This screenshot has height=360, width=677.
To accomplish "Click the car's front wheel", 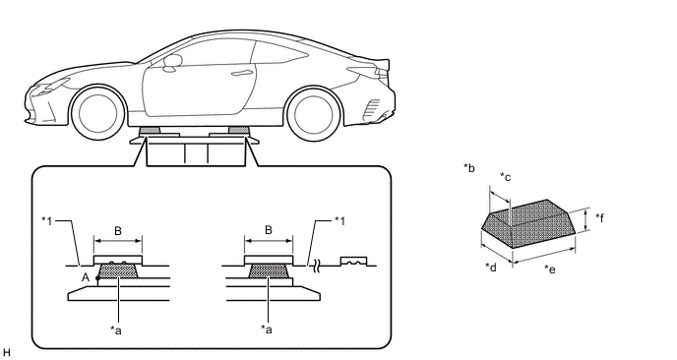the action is point(98,113).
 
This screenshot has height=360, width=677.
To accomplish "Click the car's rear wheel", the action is point(314,113).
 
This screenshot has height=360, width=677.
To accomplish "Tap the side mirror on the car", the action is point(172,62).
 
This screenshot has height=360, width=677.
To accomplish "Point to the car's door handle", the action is point(241,73).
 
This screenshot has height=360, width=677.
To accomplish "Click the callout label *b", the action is point(469,168).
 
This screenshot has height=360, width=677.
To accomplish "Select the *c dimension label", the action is point(505,176).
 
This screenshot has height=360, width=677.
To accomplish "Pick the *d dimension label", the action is point(491,268).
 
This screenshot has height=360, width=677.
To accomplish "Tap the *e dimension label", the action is point(550,269).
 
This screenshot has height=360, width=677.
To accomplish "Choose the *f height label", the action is point(599,217).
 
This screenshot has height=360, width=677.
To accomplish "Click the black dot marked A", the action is point(98,278).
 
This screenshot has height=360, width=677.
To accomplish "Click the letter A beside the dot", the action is point(86,277).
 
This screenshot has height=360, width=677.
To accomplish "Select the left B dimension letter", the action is point(118,231).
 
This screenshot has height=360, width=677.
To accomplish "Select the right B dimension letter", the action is point(268,230).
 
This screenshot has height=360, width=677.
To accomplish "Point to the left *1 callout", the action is point(46,221).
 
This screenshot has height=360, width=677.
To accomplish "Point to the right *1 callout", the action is point(340,221).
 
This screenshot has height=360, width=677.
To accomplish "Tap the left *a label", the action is point(116,330).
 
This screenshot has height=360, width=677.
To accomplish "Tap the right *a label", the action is point(267,330).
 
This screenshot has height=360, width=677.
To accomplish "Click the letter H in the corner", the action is point(6,353).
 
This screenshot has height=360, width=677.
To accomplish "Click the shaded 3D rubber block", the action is point(529,223).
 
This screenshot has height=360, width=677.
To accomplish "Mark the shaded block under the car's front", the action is point(149,130).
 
